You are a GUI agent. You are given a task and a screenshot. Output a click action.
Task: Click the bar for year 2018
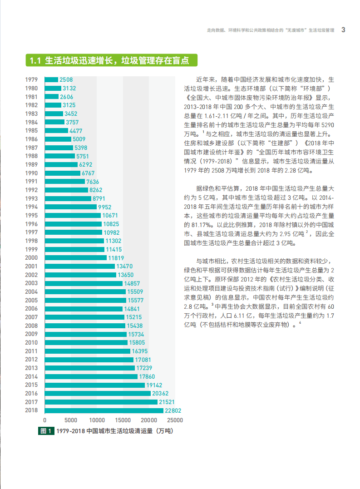click(104, 410)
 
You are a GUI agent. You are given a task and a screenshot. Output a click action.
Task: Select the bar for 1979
click(51, 79)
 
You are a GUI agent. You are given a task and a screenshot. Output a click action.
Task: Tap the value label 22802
click(173, 410)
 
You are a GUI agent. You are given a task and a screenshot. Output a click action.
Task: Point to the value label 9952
click(105, 207)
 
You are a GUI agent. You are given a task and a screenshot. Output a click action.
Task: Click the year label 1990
click(31, 173)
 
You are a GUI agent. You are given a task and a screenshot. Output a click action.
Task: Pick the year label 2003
click(31, 283)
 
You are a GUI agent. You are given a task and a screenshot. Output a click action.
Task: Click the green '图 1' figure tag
click(47, 431)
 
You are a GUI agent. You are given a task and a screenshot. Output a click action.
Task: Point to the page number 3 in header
click(344, 30)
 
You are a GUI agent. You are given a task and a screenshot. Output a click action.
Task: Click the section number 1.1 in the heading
click(35, 60)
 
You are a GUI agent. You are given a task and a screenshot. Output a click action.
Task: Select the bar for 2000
click(75, 258)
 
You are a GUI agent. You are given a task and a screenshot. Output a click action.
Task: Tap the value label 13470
click(124, 267)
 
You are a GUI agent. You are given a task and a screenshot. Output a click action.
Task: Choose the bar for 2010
click(86, 343)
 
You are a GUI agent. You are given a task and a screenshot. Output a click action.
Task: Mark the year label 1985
click(31, 131)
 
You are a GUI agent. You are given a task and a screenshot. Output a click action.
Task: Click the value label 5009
click(79, 139)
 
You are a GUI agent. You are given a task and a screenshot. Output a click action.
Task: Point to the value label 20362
click(161, 394)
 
